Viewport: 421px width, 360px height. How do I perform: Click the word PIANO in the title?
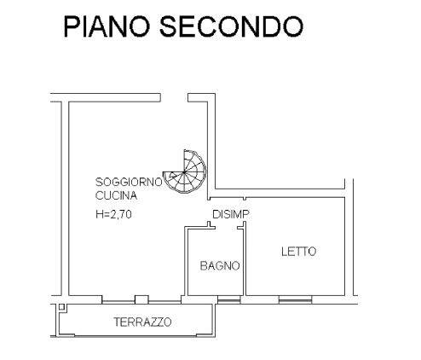pyautogui.click(x=107, y=26)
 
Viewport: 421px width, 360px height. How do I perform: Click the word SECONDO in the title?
pyautogui.click(x=232, y=26)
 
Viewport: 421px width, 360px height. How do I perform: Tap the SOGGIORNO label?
pyautogui.click(x=129, y=182)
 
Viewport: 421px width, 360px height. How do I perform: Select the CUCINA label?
pyautogui.click(x=116, y=195)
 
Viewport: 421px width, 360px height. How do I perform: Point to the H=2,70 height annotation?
pyautogui.click(x=114, y=214)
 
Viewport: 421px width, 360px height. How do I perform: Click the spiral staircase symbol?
pyautogui.click(x=184, y=171)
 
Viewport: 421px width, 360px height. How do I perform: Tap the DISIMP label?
pyautogui.click(x=231, y=214)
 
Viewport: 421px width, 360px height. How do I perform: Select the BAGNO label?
pyautogui.click(x=220, y=266)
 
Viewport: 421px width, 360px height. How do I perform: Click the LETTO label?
pyautogui.click(x=298, y=252)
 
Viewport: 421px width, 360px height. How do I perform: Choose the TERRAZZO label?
pyautogui.click(x=142, y=322)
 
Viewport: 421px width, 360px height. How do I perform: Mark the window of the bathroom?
pyautogui.click(x=229, y=299)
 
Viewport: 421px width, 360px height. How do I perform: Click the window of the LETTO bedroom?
pyautogui.click(x=295, y=299)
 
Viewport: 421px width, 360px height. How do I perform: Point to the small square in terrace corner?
pyautogui.click(x=61, y=307)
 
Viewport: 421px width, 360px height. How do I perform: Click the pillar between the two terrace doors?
pyautogui.click(x=141, y=299)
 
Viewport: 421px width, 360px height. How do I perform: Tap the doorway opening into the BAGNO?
pyautogui.click(x=226, y=228)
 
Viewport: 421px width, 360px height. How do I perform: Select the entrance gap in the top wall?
pyautogui.click(x=174, y=97)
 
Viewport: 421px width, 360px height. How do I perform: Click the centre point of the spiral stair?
pyautogui.click(x=184, y=172)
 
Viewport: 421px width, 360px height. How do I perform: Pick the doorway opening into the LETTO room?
pyautogui.click(x=245, y=211)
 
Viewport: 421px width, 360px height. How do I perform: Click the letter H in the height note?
pyautogui.click(x=99, y=214)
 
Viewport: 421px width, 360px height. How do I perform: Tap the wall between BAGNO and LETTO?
pyautogui.click(x=244, y=262)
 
